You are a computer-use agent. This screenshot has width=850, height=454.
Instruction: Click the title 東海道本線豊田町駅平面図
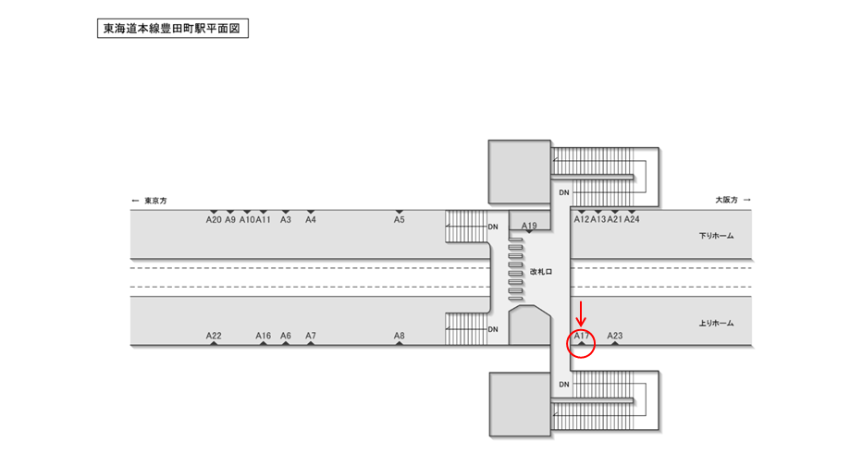click(x=172, y=29)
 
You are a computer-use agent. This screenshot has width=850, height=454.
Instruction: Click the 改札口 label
click(x=541, y=272)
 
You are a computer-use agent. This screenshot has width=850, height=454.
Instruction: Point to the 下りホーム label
click(x=716, y=236)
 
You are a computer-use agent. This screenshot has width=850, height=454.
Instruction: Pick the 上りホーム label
click(x=716, y=323)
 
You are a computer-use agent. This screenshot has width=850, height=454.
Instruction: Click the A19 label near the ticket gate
click(x=529, y=226)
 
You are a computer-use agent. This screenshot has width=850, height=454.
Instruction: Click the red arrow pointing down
click(x=581, y=313)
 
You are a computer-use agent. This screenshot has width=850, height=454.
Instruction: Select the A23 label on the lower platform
click(x=615, y=336)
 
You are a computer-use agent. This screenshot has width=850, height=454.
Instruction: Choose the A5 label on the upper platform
click(x=400, y=220)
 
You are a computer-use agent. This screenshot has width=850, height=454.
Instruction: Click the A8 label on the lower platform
click(x=400, y=336)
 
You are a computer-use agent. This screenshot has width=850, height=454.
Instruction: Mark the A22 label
click(x=214, y=336)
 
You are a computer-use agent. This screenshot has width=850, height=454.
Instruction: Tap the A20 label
click(x=214, y=220)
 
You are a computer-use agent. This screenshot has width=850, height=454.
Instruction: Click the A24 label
click(x=632, y=220)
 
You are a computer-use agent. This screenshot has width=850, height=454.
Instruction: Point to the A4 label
click(x=311, y=220)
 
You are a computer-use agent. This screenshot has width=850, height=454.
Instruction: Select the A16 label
click(x=264, y=336)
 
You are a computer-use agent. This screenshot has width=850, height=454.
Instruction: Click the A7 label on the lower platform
click(x=311, y=336)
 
